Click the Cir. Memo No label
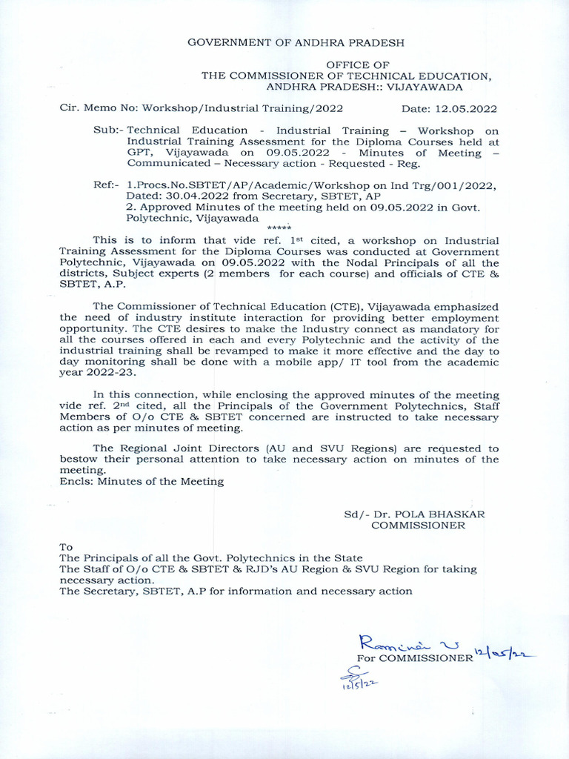[94, 108]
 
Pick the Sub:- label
[108, 130]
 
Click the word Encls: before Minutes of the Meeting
[76, 481]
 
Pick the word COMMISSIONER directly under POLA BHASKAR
[418, 525]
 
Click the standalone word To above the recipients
[67, 546]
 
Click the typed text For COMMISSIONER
[414, 657]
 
